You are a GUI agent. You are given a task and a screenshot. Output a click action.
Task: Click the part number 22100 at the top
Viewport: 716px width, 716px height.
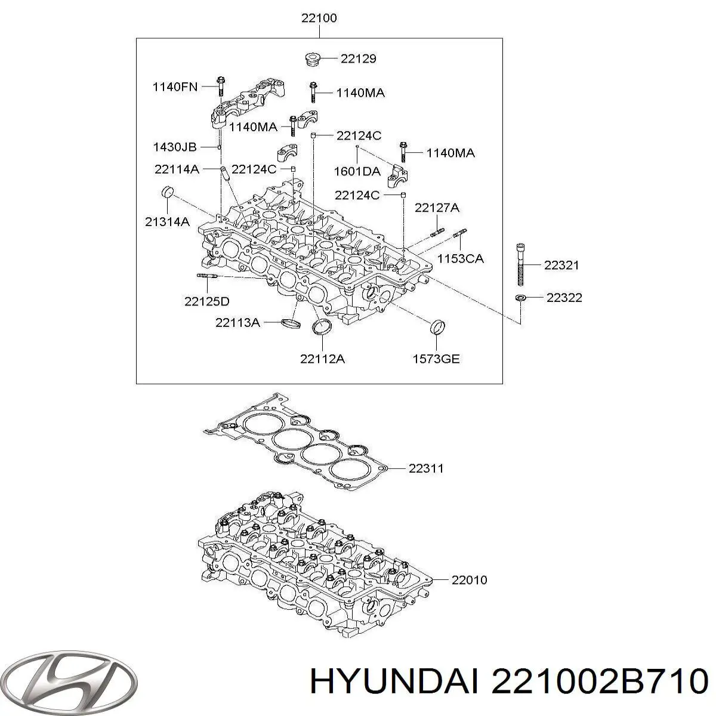tap(319, 18)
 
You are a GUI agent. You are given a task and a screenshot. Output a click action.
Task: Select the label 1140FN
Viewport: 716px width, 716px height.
tap(174, 87)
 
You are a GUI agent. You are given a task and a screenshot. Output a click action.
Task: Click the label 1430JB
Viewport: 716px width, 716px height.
tap(174, 146)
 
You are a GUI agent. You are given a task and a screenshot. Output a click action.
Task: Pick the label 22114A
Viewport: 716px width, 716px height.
tap(177, 169)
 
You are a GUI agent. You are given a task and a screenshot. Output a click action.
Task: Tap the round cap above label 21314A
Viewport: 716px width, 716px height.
tap(168, 192)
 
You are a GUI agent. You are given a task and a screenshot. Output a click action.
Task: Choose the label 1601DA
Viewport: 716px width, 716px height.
tap(357, 171)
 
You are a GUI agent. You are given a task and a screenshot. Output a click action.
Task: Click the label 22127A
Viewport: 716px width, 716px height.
tap(437, 208)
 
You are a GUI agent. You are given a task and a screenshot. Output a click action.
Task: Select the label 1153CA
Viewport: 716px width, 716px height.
tap(460, 258)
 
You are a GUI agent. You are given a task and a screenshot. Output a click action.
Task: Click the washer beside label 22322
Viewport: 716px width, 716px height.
tap(520, 297)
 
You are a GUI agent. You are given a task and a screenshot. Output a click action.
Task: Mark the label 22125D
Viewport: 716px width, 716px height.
tap(206, 301)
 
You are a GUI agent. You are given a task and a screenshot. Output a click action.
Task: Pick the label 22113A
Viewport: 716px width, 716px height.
tap(237, 323)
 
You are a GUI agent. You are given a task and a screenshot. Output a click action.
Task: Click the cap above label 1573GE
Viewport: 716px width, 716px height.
tap(437, 328)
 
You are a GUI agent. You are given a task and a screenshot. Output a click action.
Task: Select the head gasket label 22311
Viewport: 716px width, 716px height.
tap(426, 468)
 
